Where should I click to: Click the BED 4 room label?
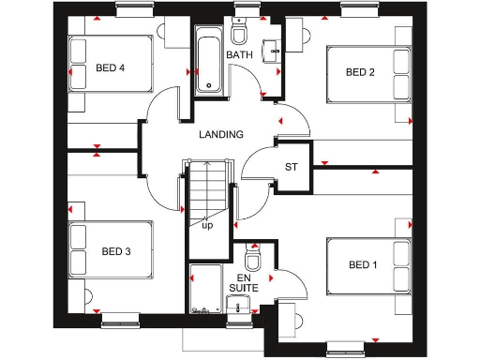110,67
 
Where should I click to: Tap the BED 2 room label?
360,72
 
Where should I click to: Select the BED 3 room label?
116,251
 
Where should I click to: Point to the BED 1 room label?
363,265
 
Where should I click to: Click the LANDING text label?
221,134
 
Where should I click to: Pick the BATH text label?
240,55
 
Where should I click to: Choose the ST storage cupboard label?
292,168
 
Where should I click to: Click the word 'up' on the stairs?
207,226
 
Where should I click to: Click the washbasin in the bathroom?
272,48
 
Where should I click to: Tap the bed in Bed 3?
111,251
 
